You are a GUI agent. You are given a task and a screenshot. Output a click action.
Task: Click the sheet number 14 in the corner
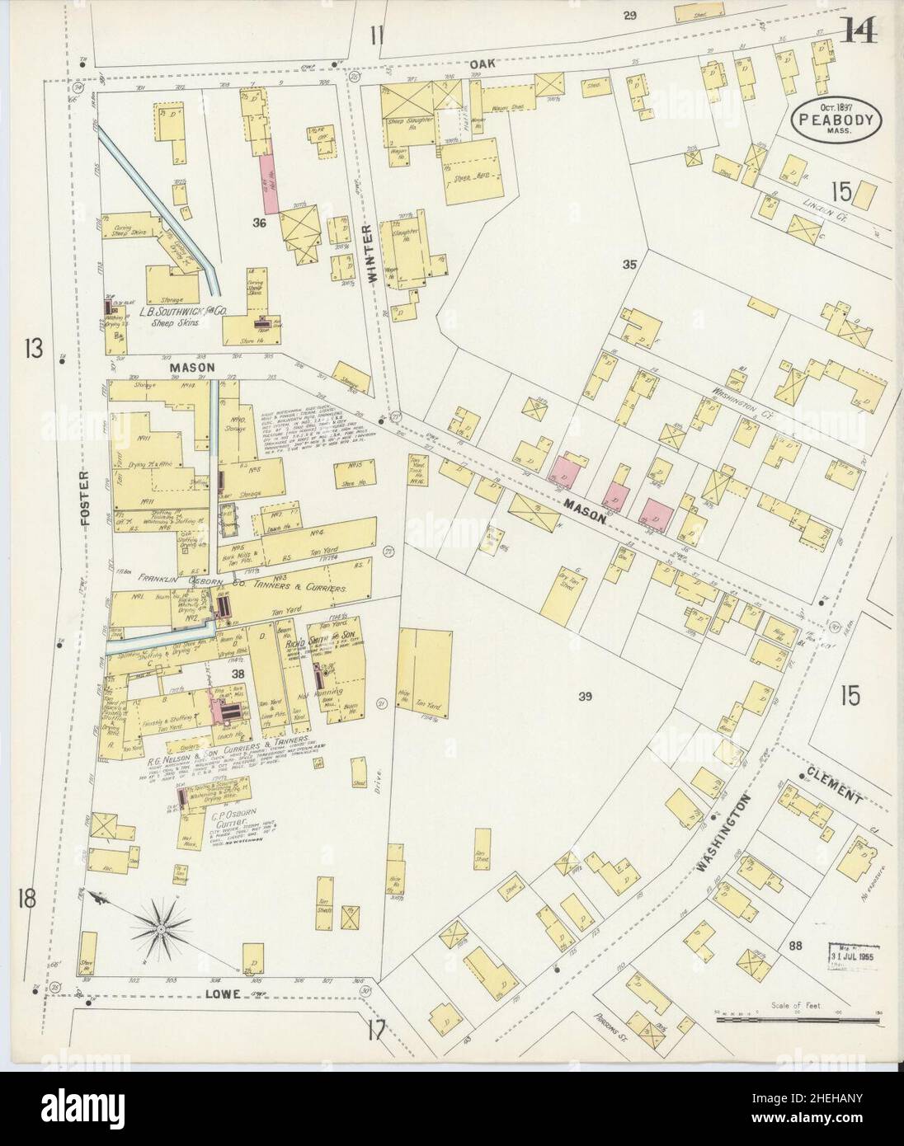pyautogui.click(x=859, y=33)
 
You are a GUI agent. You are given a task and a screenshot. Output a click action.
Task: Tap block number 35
pyautogui.click(x=630, y=265)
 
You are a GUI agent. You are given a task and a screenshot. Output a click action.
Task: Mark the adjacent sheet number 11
pyautogui.click(x=377, y=35)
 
